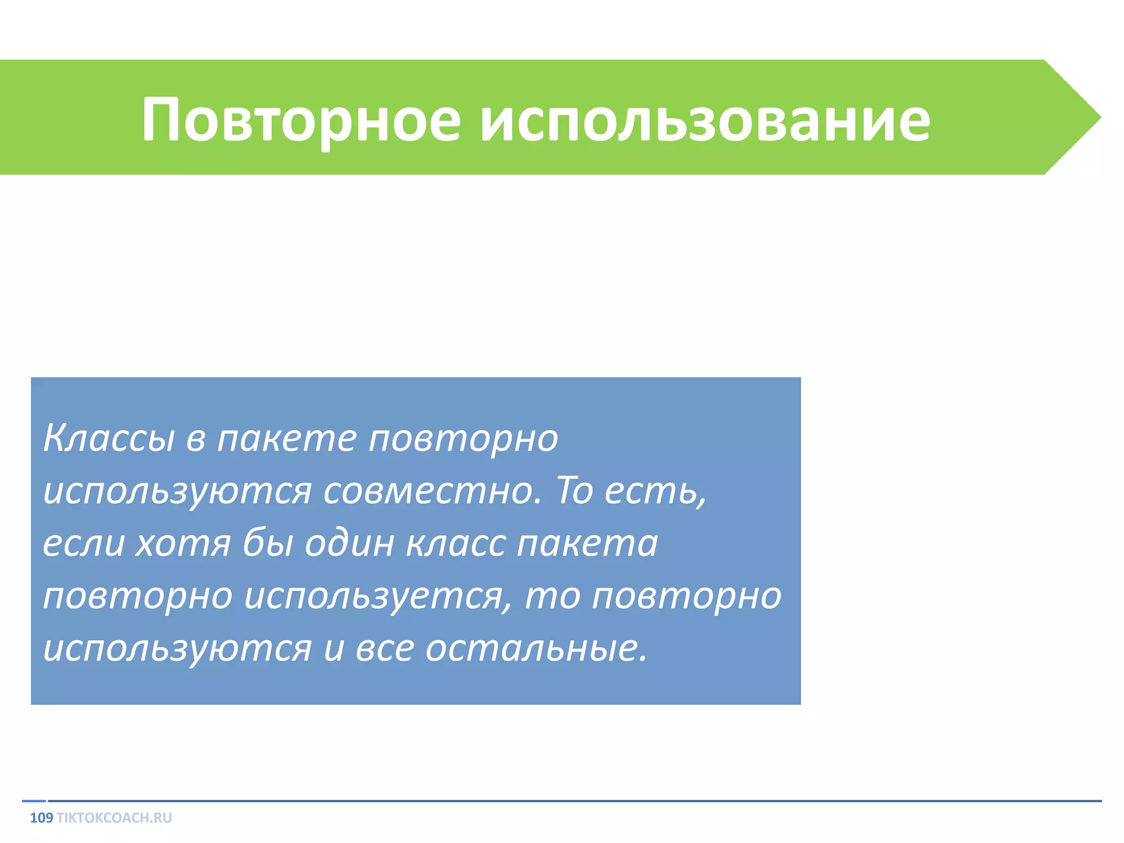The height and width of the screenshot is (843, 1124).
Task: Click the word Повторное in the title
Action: coord(301,120)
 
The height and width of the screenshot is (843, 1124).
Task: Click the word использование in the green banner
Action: coord(705,120)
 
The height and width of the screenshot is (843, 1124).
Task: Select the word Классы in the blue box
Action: coord(109,439)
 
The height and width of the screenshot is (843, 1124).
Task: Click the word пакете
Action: coord(286,439)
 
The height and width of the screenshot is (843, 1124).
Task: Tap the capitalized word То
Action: coord(575,490)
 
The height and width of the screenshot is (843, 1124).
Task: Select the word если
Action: coord(83,543)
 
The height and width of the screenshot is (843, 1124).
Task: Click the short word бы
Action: coord(268,543)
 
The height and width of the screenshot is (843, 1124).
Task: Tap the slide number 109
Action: coord(41,818)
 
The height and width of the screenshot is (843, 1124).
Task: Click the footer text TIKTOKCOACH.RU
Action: coord(114,818)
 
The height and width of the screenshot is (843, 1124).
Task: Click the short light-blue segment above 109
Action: coord(34,801)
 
